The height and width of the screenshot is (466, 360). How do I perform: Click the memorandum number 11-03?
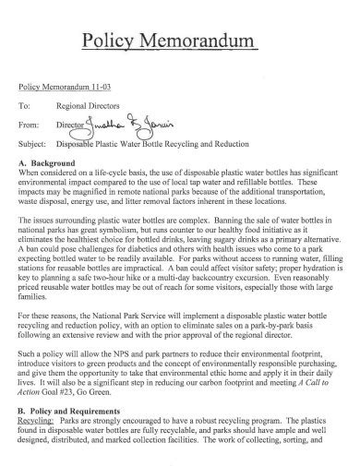tap(107, 87)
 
